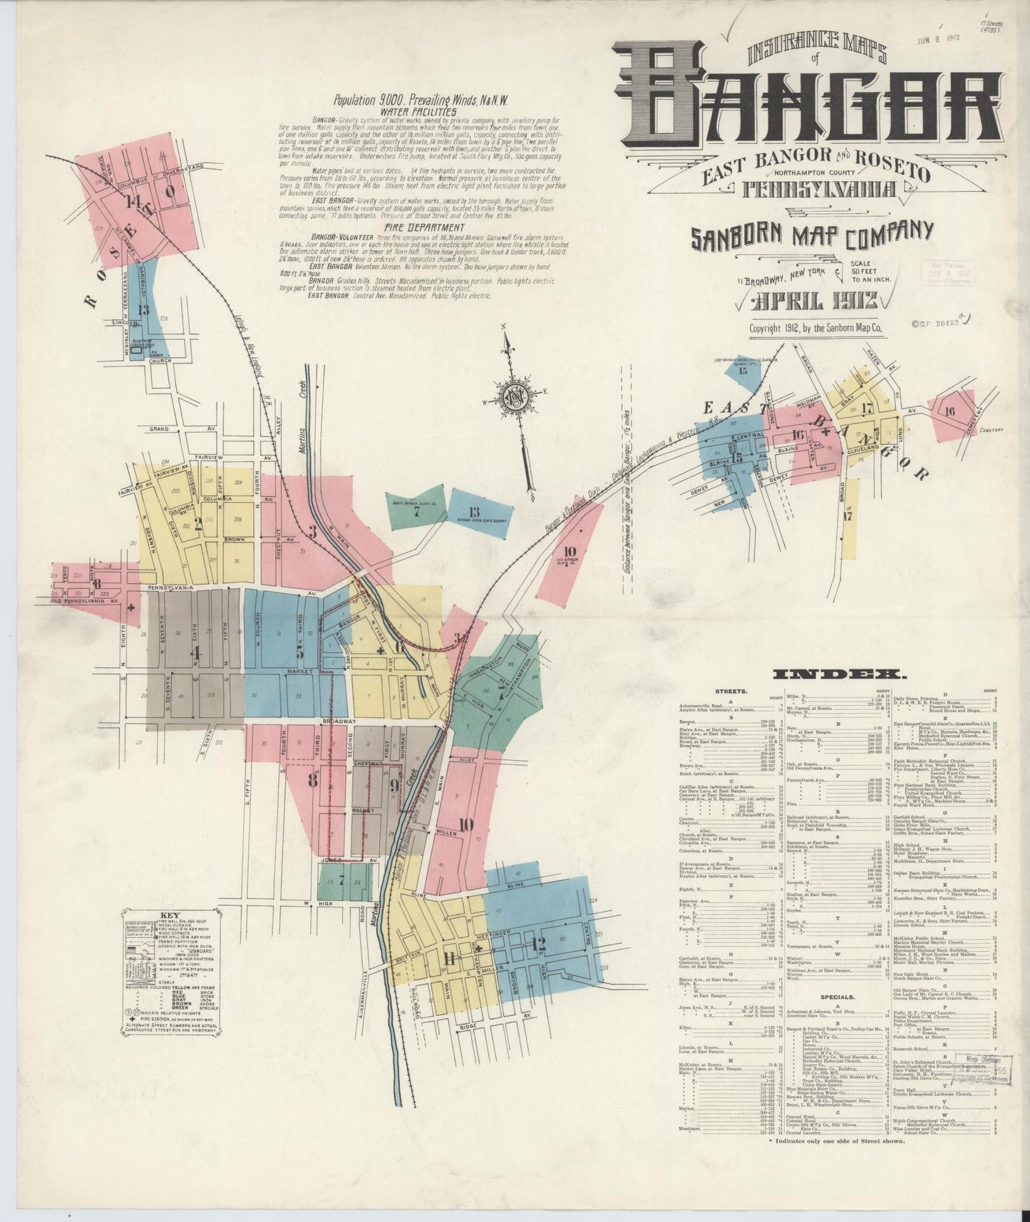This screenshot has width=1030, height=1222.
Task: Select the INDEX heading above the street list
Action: click(x=840, y=674)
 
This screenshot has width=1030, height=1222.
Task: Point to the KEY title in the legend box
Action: click(x=170, y=917)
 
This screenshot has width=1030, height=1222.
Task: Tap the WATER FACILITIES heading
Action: click(x=418, y=111)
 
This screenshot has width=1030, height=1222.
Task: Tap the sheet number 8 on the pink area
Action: click(x=312, y=779)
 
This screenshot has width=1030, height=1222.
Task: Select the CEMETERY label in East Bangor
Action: click(x=989, y=429)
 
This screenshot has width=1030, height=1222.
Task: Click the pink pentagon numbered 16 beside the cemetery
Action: click(x=949, y=412)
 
